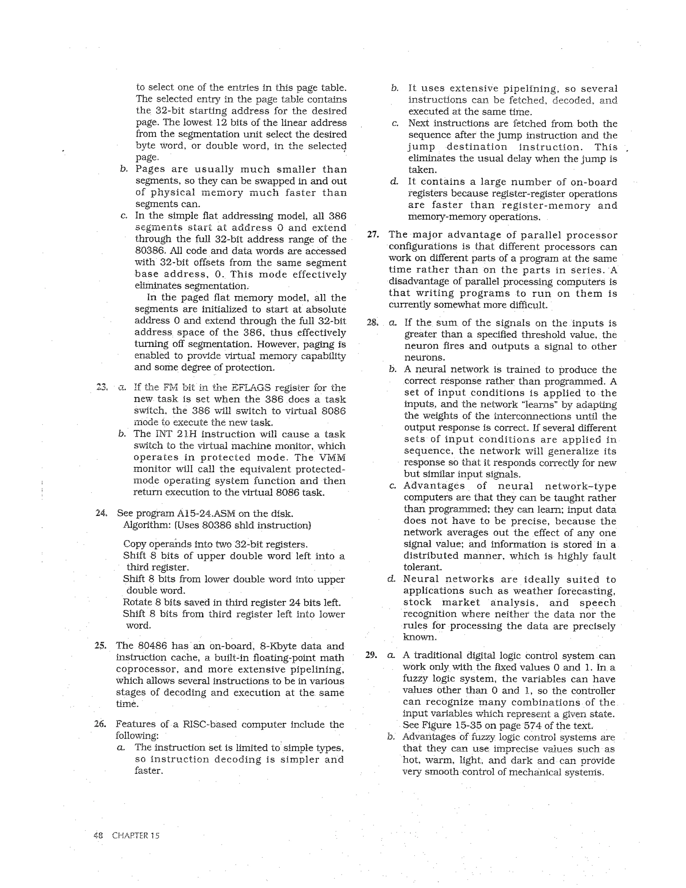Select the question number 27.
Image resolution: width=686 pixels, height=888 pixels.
click(x=373, y=234)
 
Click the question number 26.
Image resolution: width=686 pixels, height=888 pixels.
click(x=100, y=724)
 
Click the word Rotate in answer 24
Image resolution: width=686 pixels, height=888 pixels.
click(x=137, y=602)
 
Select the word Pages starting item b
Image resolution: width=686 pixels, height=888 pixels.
click(x=150, y=169)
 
